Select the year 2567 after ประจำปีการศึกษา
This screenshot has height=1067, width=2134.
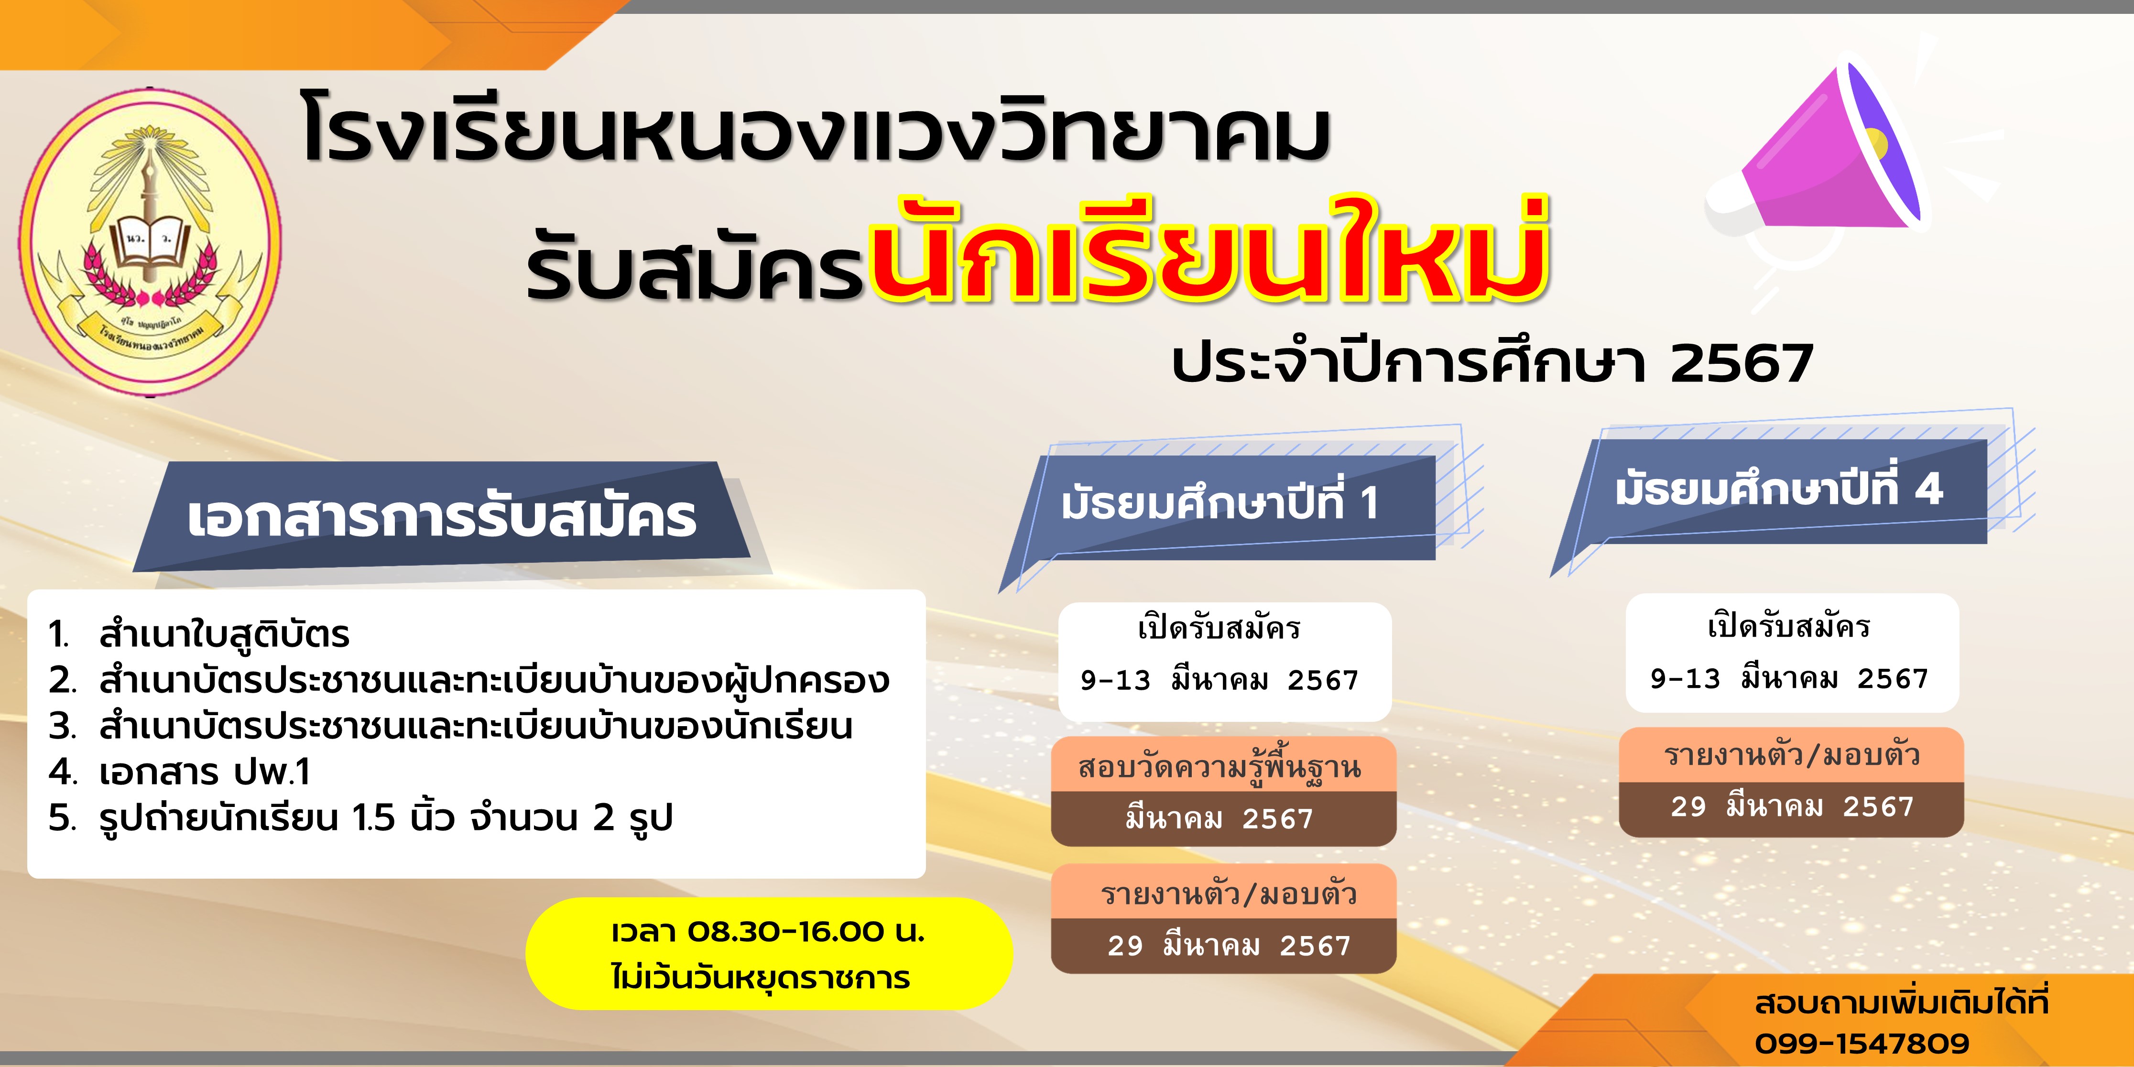[x=1742, y=364]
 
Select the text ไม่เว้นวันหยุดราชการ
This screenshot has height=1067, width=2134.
[x=761, y=978]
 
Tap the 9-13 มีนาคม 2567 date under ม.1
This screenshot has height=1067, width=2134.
[x=1219, y=681]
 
